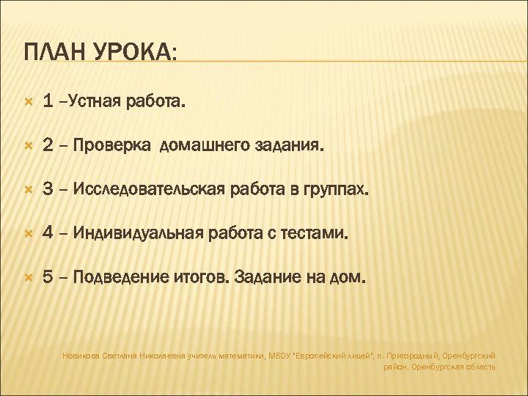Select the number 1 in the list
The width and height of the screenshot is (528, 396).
click(48, 103)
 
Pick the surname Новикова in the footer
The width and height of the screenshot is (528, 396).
click(81, 355)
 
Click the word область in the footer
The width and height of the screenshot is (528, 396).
click(479, 366)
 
